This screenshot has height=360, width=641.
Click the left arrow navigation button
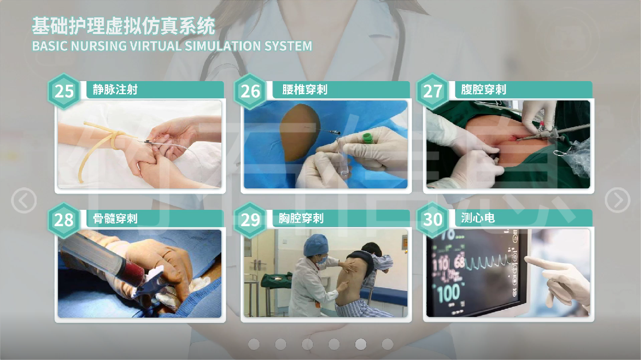(24, 200)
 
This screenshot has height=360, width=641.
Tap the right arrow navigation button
(617, 200)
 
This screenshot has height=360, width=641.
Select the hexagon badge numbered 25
(64, 92)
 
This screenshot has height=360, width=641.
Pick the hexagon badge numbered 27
(433, 92)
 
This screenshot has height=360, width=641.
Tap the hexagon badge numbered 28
(64, 220)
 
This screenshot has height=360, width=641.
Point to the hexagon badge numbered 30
(433, 219)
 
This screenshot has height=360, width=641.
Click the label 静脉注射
(115, 89)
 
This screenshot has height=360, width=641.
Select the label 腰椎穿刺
(305, 89)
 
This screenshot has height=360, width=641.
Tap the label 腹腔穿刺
(483, 89)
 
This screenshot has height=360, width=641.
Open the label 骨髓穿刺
(115, 219)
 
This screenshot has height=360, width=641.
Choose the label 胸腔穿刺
(301, 219)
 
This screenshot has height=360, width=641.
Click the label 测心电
(478, 218)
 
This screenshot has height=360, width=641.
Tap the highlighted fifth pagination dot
(361, 344)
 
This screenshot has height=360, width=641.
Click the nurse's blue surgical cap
(316, 245)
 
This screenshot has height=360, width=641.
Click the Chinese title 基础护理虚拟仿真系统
(123, 26)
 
